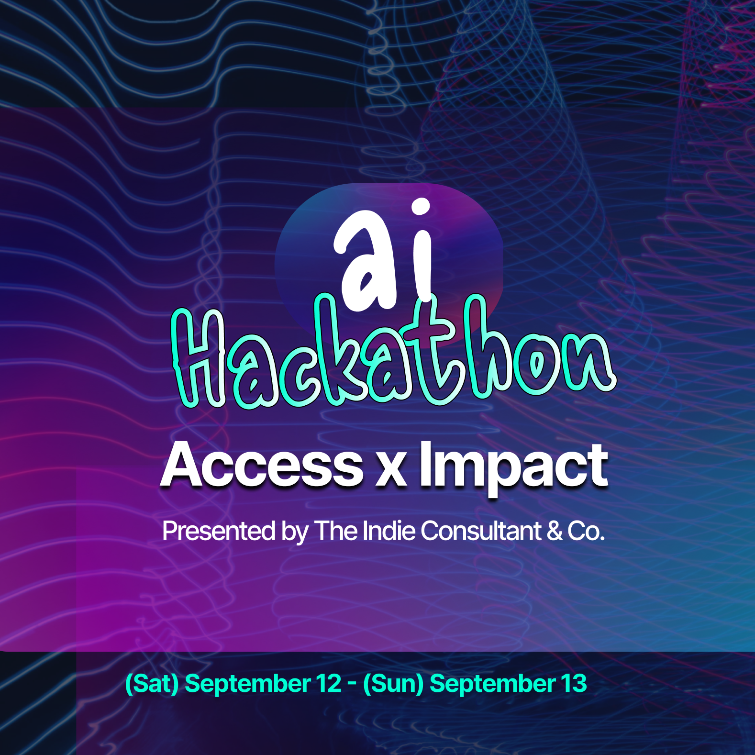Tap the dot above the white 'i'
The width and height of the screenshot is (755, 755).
tap(421, 207)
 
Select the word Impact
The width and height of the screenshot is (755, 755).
tap(514, 466)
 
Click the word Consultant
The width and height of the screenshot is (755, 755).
tap(481, 531)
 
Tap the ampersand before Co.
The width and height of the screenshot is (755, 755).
tap(555, 531)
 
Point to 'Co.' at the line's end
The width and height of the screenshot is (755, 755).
tap(586, 531)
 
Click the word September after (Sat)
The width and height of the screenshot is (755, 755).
tap(247, 684)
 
